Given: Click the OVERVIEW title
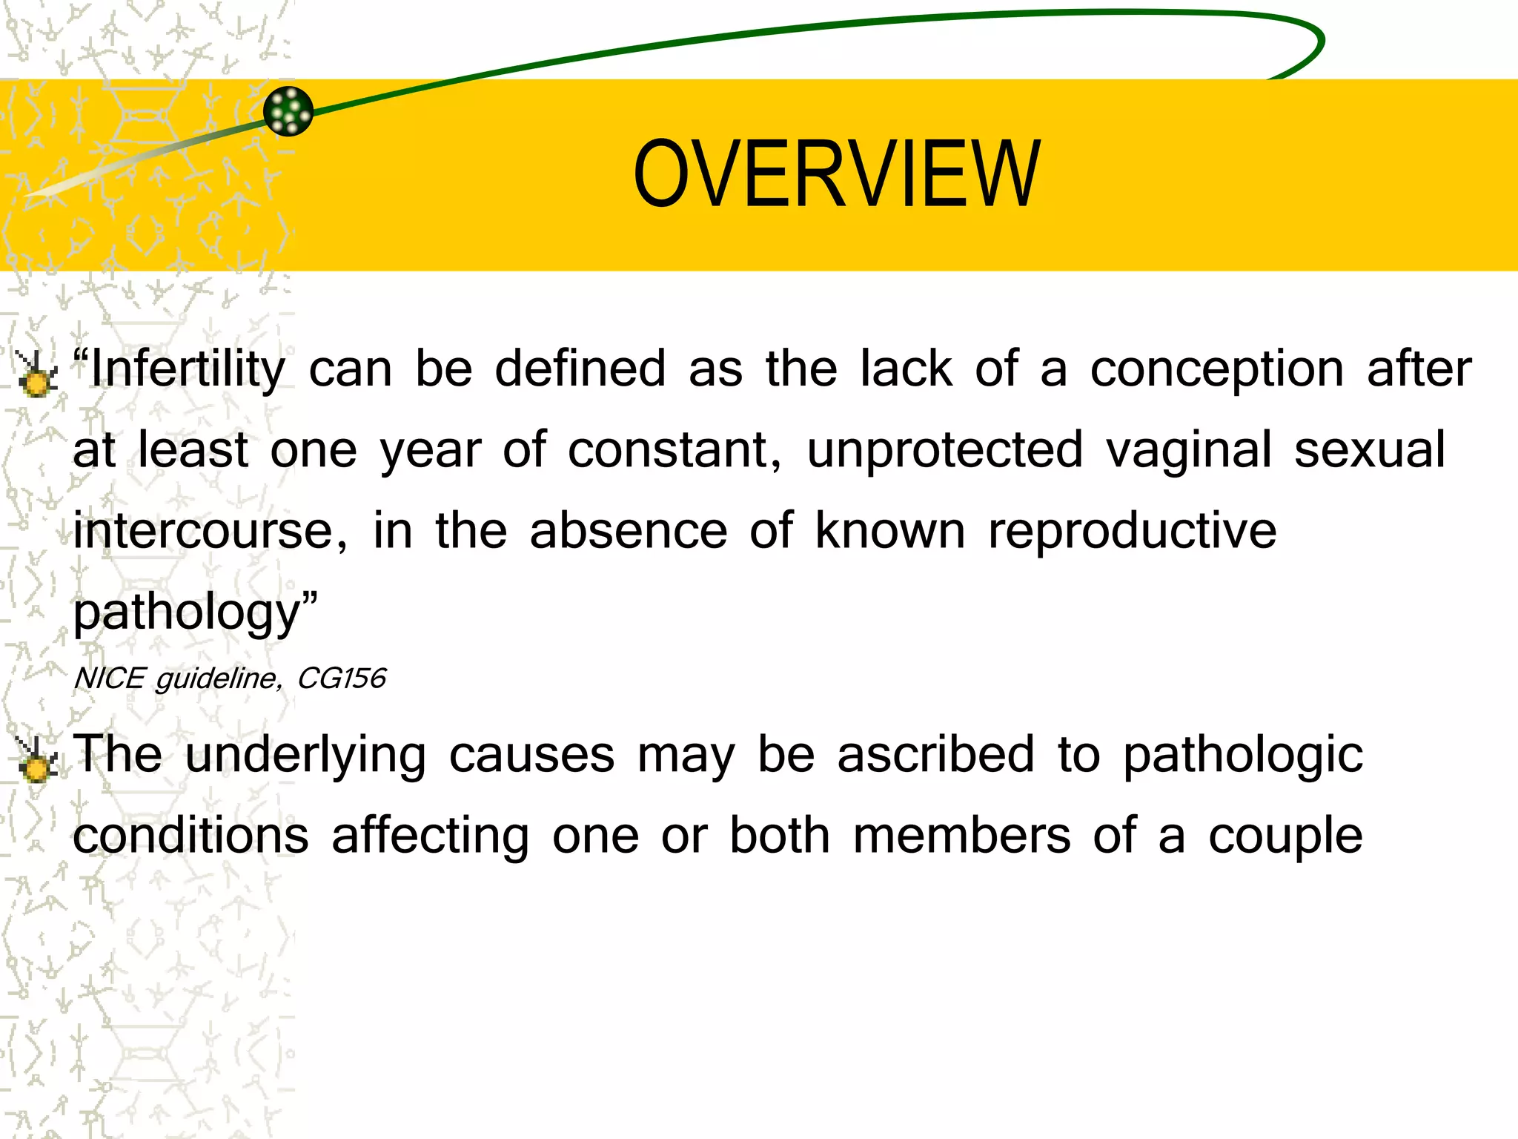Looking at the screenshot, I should pos(837,175).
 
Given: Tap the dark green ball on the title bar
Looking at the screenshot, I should pos(288,111).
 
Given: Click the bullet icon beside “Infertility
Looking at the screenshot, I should pos(36,374).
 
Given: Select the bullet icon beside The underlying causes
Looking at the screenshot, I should pos(36,759).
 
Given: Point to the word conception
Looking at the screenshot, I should pos(1216,370).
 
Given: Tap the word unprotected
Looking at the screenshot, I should pos(944,451).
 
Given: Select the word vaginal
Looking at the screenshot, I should pos(1188,451).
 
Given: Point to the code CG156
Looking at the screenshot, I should pos(342,679).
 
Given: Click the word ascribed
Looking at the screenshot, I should pos(935,755).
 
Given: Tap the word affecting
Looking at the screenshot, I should pos(430,836).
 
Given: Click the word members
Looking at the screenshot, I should pos(961,835).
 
